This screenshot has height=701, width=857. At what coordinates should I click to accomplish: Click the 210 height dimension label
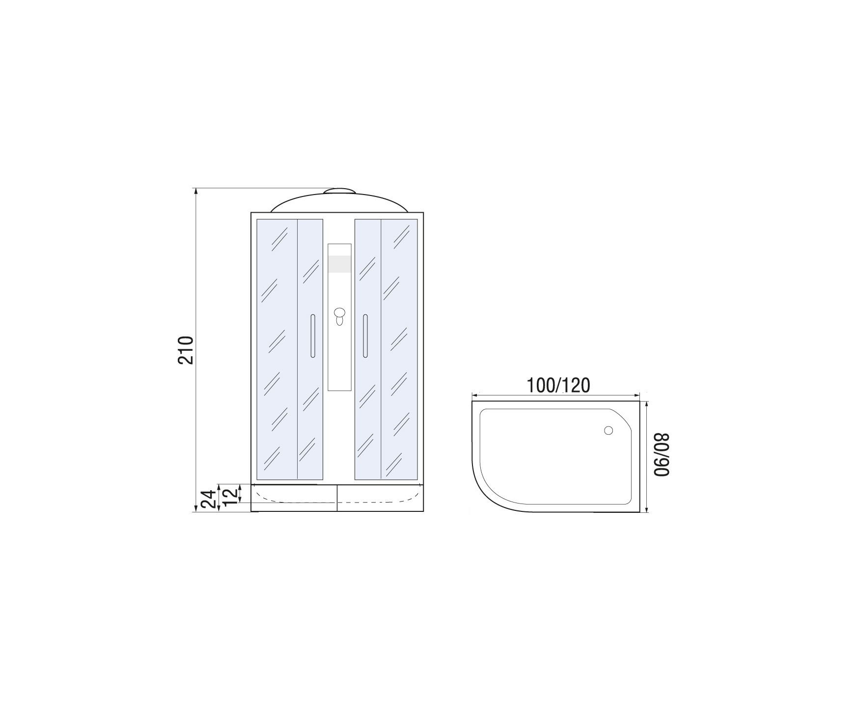186,350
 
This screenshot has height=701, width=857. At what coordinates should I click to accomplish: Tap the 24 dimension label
209,499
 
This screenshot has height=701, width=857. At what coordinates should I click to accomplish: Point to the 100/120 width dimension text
558,386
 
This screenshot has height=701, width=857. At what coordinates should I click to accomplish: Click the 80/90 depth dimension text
662,454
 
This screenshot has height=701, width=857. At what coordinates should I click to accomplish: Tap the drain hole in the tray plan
608,431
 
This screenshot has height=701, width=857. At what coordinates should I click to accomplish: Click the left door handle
312,336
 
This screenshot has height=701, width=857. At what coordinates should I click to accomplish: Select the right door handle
365,336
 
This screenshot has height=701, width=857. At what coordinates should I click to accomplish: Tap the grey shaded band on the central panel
340,264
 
